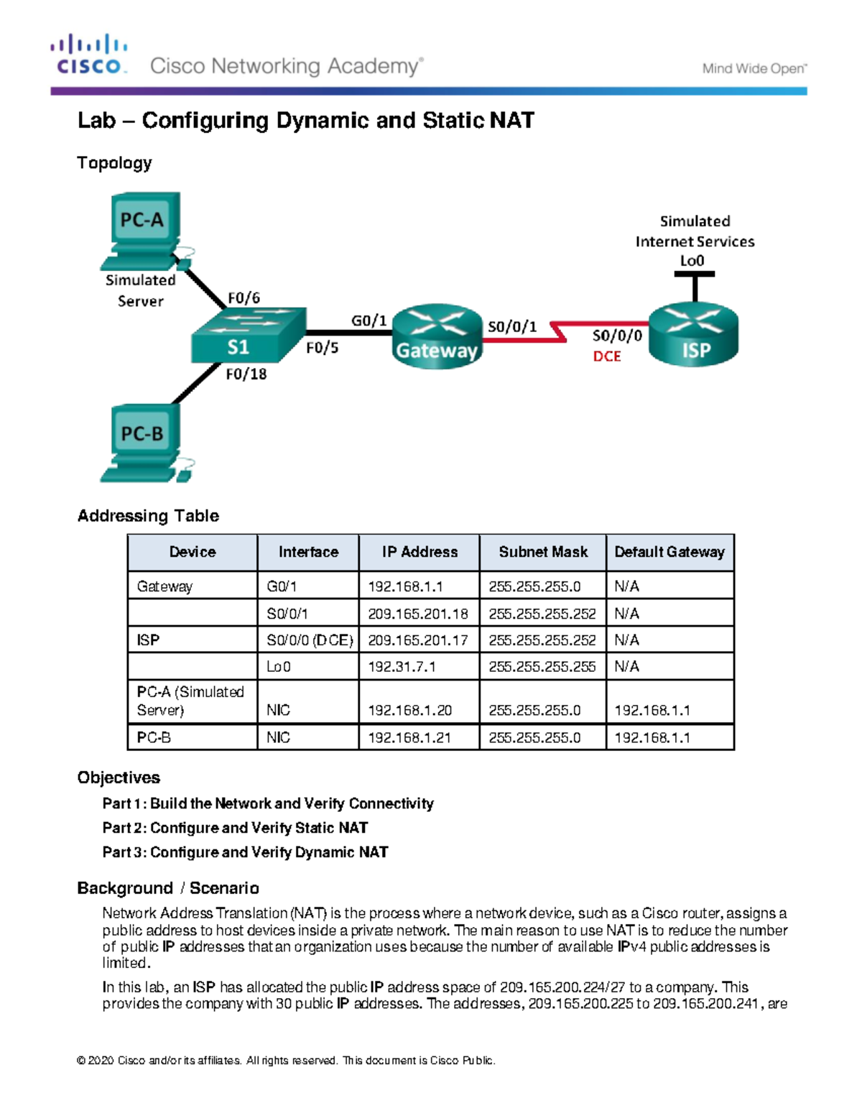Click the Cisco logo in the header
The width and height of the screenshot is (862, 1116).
89,55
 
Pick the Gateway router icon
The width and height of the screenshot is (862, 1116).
437,336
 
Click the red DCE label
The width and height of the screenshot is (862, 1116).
606,356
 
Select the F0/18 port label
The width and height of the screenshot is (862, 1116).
246,374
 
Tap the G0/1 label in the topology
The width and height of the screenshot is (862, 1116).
369,320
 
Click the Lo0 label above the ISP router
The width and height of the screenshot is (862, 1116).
692,261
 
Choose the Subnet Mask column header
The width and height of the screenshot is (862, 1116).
542,552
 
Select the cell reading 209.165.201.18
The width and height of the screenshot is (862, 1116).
417,614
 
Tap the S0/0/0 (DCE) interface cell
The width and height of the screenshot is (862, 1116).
309,640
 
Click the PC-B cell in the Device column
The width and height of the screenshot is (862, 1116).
154,737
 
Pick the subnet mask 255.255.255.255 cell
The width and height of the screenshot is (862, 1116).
542,667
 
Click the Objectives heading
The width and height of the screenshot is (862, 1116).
119,778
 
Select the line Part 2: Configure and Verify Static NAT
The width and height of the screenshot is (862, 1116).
235,828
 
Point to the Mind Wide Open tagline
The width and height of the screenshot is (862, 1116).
754,69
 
